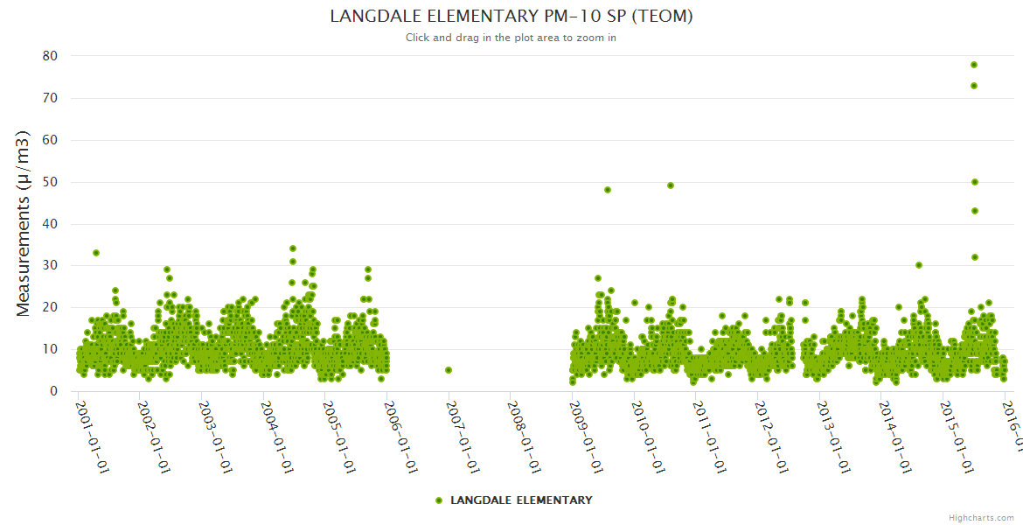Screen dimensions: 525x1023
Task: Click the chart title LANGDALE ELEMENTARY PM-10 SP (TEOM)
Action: (x=511, y=16)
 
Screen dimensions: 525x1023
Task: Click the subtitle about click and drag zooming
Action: (x=511, y=38)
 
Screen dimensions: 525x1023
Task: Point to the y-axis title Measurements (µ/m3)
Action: (x=24, y=223)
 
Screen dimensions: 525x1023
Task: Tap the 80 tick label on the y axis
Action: (x=49, y=56)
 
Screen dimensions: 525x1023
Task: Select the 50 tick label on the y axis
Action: (x=49, y=182)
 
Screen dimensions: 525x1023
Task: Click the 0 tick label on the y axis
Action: (x=53, y=391)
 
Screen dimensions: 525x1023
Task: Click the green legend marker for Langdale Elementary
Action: (x=439, y=500)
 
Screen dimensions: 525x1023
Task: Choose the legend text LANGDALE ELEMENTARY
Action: (x=521, y=500)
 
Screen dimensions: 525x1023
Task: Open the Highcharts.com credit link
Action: (x=982, y=517)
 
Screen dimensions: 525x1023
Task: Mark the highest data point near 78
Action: (x=974, y=65)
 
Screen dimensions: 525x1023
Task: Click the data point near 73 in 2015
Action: (x=974, y=86)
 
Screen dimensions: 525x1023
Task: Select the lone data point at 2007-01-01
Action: (x=449, y=370)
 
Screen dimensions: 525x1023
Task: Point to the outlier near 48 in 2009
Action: (x=608, y=190)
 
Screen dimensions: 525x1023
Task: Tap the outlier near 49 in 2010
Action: (x=671, y=185)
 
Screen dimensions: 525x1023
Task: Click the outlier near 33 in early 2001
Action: (x=96, y=253)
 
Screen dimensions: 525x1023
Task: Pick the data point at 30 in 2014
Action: (x=919, y=265)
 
